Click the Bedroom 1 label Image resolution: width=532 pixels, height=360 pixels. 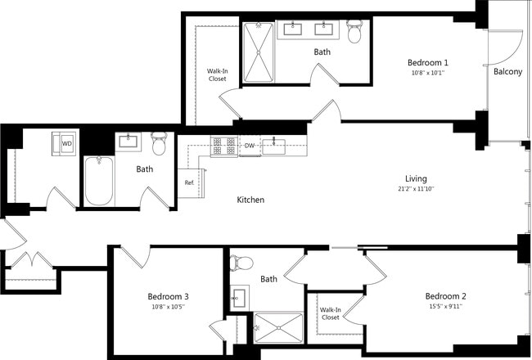(x=427, y=62)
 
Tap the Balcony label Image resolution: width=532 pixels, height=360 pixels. (x=507, y=72)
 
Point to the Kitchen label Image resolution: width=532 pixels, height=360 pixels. (x=250, y=200)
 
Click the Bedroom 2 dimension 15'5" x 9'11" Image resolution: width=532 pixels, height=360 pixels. (x=444, y=307)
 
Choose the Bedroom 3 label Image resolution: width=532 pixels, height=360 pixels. (x=169, y=296)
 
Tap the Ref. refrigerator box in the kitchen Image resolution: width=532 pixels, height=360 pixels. (x=190, y=182)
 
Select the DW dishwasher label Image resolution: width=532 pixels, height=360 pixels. (x=250, y=146)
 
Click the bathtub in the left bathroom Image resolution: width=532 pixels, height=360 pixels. (x=98, y=181)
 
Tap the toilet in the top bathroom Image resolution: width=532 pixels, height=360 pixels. (x=354, y=32)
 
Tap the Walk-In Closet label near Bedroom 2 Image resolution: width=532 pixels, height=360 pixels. (x=330, y=313)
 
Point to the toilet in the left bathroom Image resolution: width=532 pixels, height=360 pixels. (x=159, y=142)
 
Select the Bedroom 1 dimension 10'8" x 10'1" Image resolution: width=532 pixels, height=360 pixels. (x=427, y=73)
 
